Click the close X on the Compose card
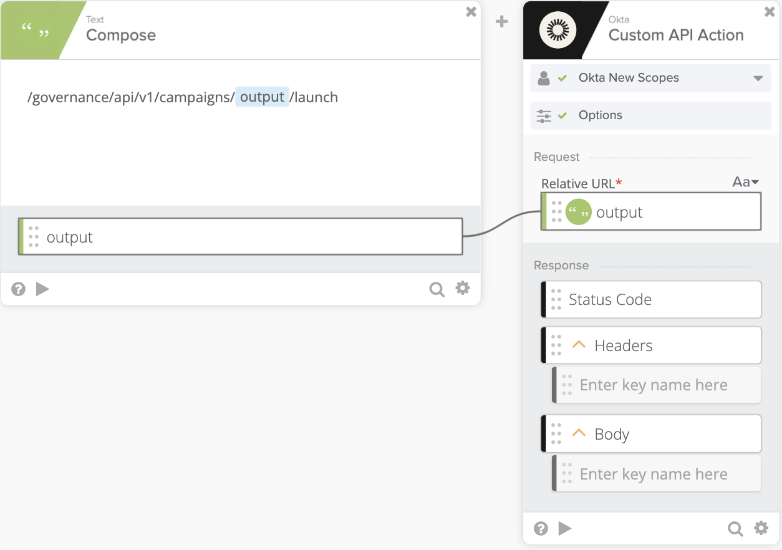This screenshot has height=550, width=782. coord(471,12)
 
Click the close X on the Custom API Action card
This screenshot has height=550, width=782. coord(770,12)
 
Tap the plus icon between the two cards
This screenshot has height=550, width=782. coord(501,22)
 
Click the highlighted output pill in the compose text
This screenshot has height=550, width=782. coord(262,97)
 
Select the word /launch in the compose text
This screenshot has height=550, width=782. coord(314,97)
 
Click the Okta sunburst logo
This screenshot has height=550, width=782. coord(558,30)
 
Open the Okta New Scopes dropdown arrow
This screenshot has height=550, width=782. coord(758,78)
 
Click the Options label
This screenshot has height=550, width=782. coord(600,115)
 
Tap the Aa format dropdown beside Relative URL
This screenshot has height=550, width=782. coord(745,182)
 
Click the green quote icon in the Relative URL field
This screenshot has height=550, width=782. coord(579,212)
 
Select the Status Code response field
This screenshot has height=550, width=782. coord(651,299)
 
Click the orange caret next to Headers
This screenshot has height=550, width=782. coord(579,345)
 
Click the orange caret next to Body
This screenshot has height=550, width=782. coord(579,433)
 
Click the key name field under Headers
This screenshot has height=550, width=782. coord(656,385)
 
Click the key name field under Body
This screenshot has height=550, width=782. coord(656,473)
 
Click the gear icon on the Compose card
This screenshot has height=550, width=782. coord(463,288)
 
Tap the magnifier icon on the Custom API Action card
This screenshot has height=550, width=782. coord(735,529)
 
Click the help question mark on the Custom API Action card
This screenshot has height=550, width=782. coord(541,528)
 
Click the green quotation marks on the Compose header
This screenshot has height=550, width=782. coord(35,30)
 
